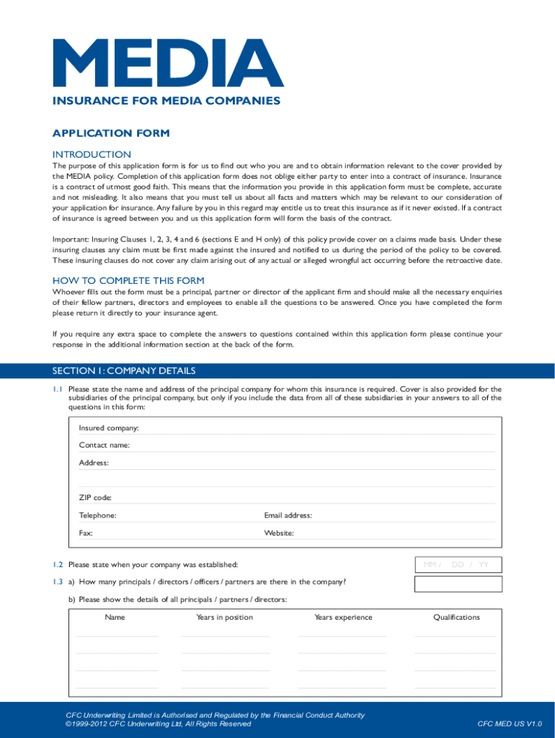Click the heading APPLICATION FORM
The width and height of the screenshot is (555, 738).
click(111, 133)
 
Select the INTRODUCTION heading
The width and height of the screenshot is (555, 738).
click(92, 154)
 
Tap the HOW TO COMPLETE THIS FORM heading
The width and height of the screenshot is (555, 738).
click(128, 280)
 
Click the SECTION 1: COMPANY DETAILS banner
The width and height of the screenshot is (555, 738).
click(124, 371)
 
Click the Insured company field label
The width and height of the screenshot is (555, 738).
click(109, 428)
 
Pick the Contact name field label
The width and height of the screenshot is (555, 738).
click(105, 445)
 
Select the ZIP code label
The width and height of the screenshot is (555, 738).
click(95, 498)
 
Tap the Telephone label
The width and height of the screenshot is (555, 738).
click(97, 515)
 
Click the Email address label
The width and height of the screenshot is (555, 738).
click(288, 515)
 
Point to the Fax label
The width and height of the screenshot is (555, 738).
click(86, 533)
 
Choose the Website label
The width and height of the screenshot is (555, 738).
click(279, 533)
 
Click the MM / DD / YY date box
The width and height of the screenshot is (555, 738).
click(456, 564)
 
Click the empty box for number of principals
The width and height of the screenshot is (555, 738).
click(456, 583)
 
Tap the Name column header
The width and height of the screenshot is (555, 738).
click(115, 617)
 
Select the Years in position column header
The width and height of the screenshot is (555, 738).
click(225, 617)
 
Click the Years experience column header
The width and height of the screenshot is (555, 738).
click(343, 617)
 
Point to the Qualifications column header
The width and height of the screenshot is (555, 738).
click(456, 617)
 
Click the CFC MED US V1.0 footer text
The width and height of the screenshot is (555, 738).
click(510, 724)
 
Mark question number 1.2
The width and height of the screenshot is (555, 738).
click(58, 564)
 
